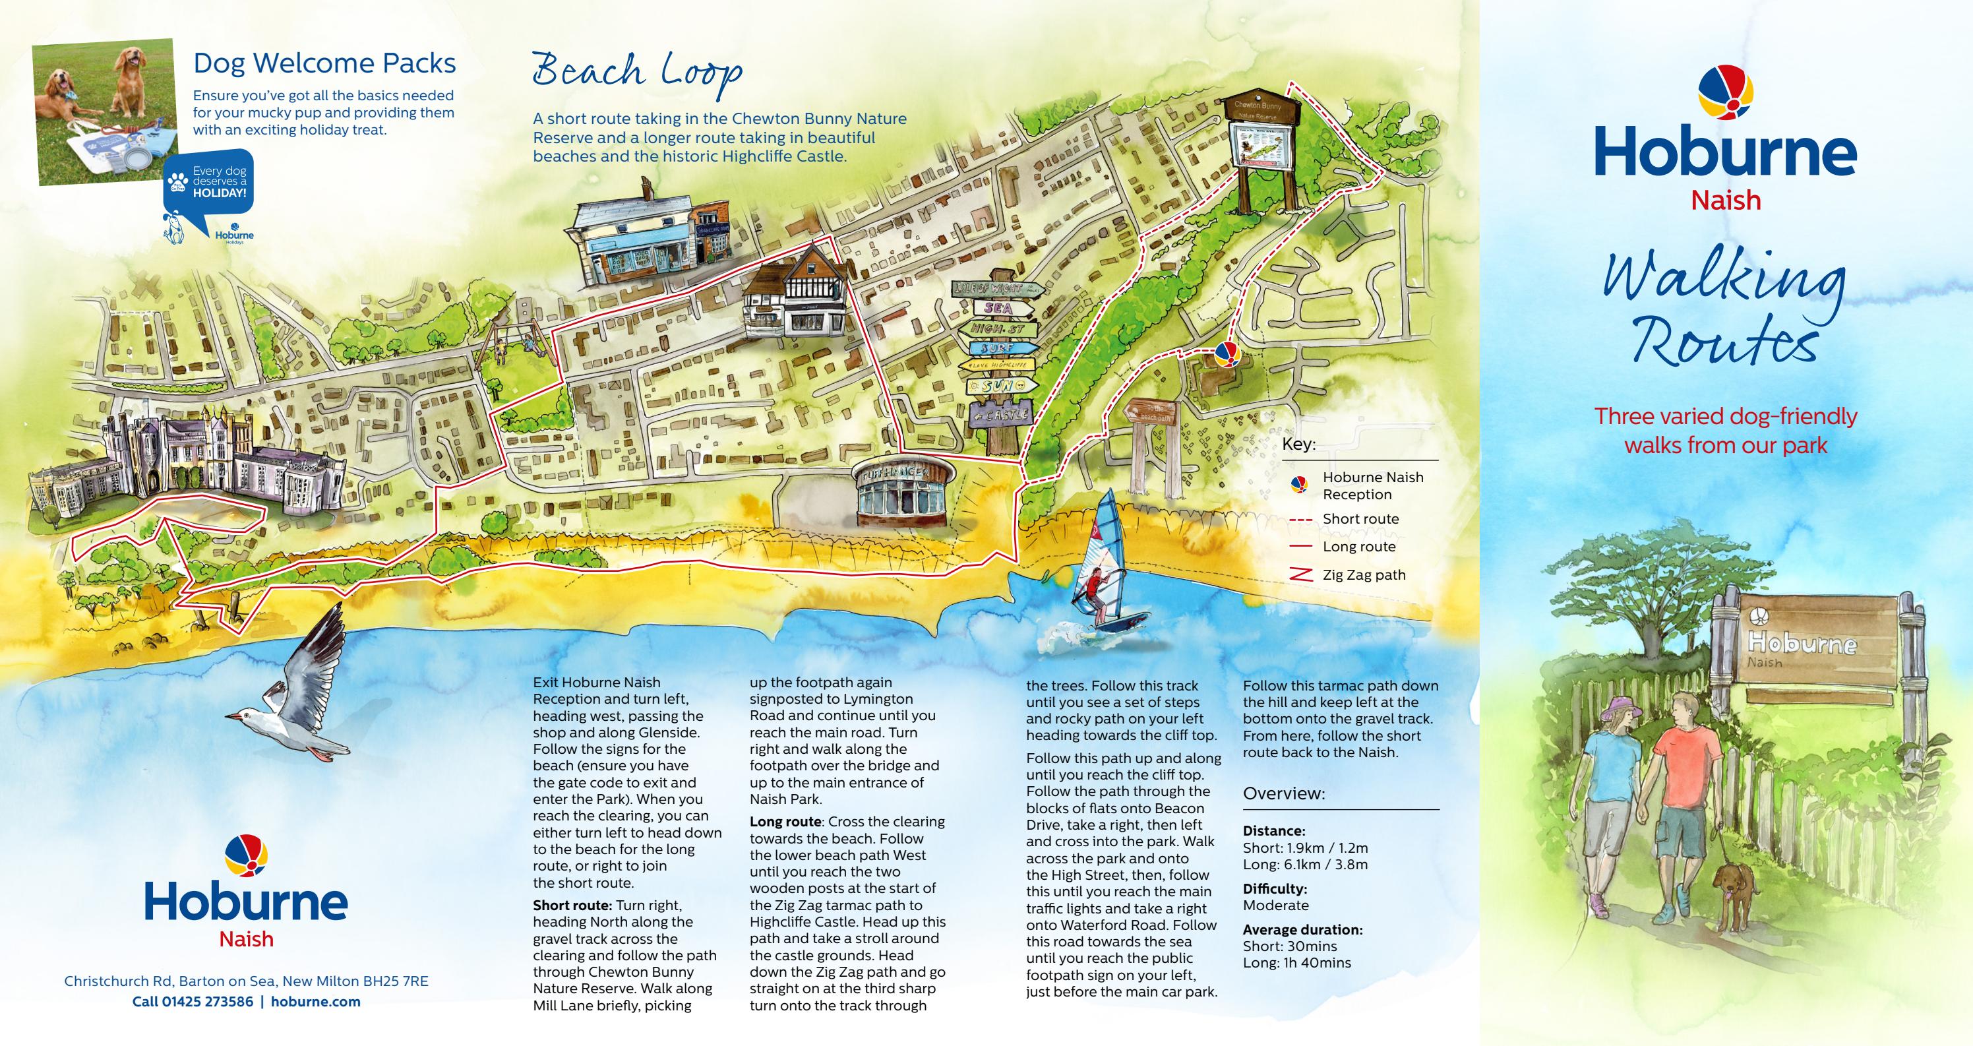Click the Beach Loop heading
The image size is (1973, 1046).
[636, 71]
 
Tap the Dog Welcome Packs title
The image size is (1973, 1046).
[324, 63]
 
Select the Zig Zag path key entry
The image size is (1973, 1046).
[1363, 574]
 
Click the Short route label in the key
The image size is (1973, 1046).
[1360, 519]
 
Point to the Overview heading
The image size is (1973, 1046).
[1284, 793]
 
